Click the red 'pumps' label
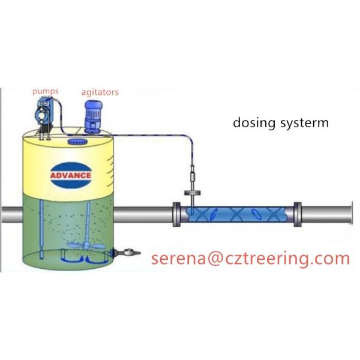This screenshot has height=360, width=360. pyautogui.click(x=45, y=91)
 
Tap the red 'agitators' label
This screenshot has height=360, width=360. pyautogui.click(x=100, y=92)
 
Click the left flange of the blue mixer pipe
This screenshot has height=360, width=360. pyautogui.click(x=177, y=214)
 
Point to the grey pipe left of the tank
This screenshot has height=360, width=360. pyautogui.click(x=10, y=215)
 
